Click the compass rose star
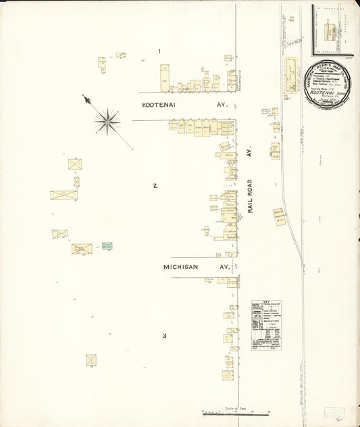tap(107, 122)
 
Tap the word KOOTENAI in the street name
tap(162, 105)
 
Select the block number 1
tap(159, 51)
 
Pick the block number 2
tap(155, 185)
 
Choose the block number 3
tap(163, 336)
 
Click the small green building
tap(107, 246)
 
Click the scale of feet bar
tap(236, 413)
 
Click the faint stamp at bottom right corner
tap(334, 412)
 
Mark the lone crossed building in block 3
tap(91, 360)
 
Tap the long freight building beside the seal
tap(291, 75)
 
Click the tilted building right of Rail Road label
tap(279, 216)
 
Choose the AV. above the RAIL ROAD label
tap(249, 154)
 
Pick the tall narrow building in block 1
tap(164, 78)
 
